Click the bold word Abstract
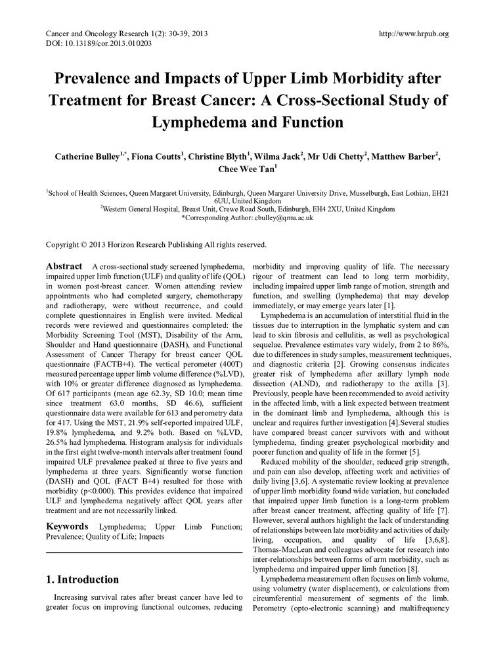tap(64, 266)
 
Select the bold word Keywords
tap(67, 526)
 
